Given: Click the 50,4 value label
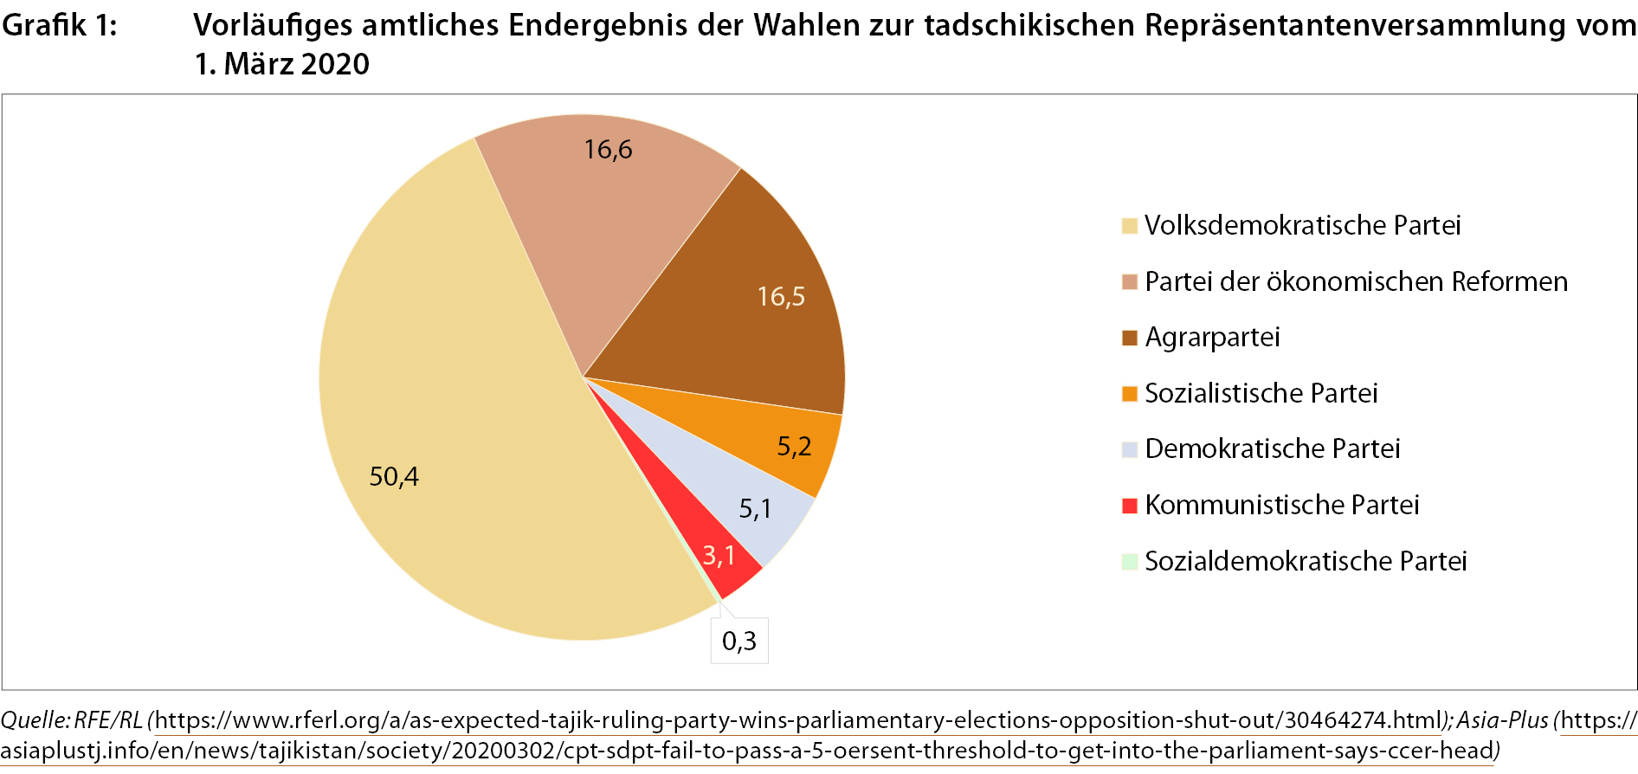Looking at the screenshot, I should pos(394,476).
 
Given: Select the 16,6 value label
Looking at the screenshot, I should pos(608,150).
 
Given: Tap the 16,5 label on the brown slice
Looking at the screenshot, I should pos(781,297).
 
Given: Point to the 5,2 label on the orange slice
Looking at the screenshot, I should pos(794,447).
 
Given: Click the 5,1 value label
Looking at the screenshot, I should pos(755,509).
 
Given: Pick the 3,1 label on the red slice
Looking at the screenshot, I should pos(719,555).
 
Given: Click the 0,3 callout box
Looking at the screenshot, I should pos(739,641).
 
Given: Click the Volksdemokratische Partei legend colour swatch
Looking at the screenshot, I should pos(1129,226).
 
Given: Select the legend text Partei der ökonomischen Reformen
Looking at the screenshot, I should pos(1356,281).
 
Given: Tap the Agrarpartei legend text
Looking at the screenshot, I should pos(1212,337).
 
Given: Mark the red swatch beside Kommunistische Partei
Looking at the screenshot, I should pos(1129,506).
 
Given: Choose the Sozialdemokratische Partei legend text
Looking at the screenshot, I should pos(1306,561).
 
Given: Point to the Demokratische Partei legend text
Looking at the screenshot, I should pos(1272,448).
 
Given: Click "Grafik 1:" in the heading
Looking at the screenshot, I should pos(59,26).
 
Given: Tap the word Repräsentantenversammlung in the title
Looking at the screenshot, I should pos(1355,26).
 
